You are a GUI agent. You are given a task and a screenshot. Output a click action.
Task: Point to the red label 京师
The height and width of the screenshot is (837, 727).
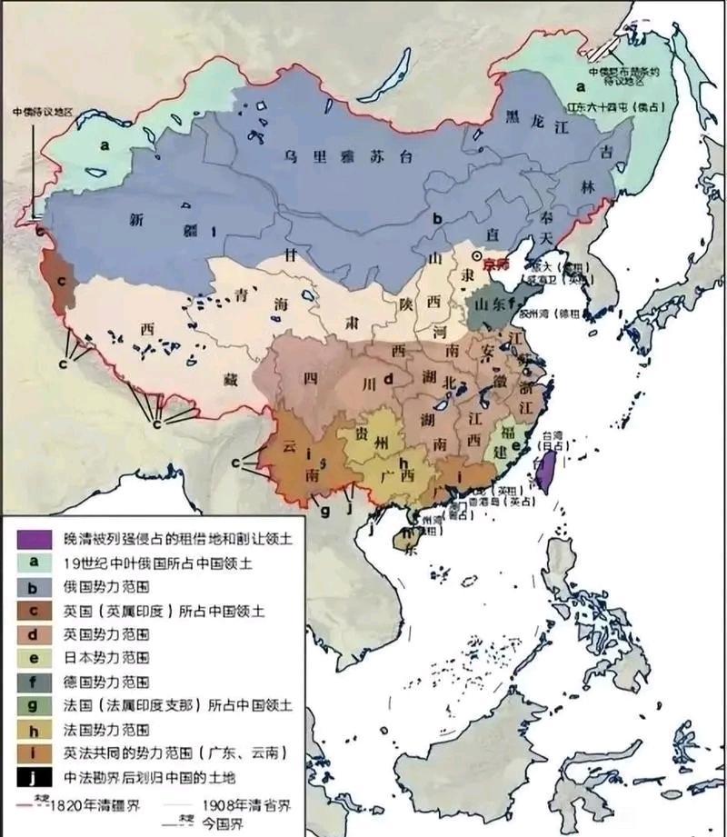point(499,265)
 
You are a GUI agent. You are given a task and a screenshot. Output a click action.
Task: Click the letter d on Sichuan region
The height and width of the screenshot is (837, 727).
point(387,379)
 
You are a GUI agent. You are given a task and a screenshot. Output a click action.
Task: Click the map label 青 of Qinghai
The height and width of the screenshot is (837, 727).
point(241,294)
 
